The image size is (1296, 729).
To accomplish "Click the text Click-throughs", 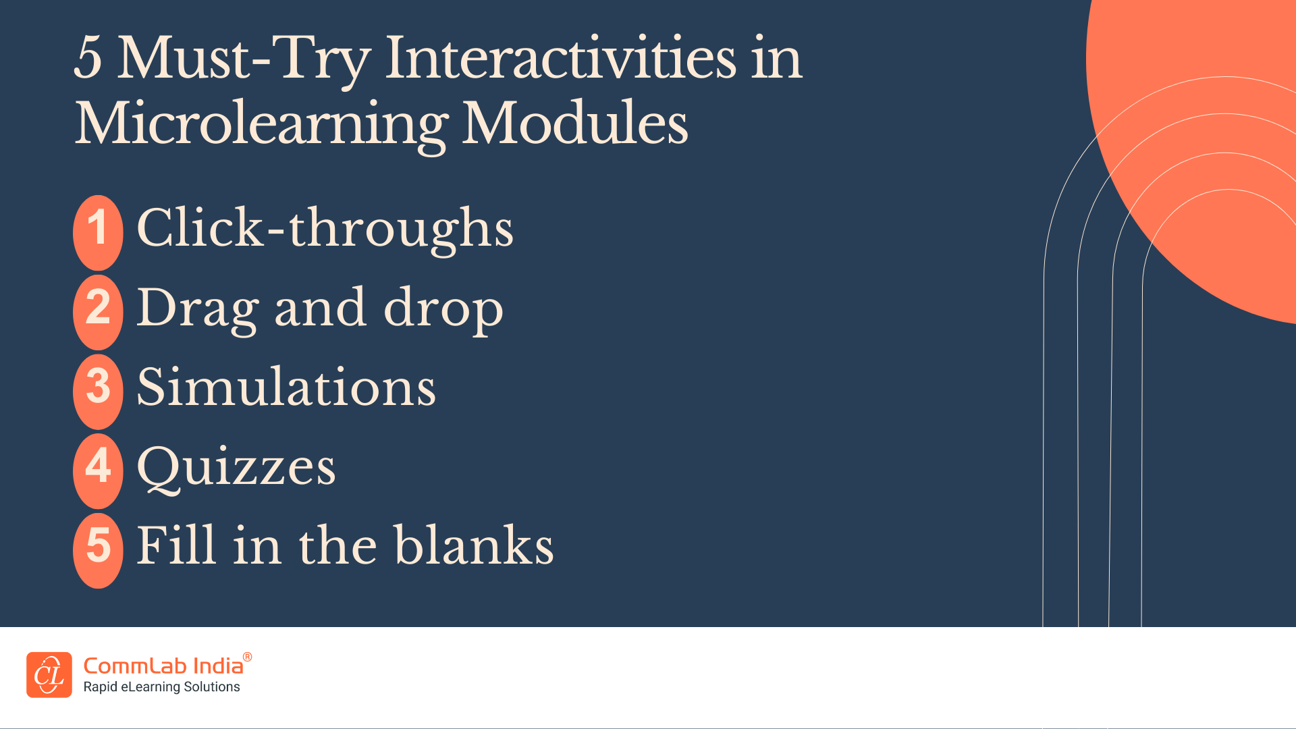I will tap(325, 228).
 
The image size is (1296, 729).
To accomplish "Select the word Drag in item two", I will tap(198, 308).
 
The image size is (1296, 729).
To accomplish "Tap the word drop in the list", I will tap(443, 308).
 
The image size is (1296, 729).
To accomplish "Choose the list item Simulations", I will tap(286, 387).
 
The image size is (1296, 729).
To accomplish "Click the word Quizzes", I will tap(236, 466).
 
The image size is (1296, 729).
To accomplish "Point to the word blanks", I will tap(474, 545).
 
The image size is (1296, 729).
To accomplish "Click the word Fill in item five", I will tap(177, 545).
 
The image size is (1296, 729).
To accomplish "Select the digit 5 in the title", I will tap(88, 58).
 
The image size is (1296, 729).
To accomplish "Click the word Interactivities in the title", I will tap(560, 58).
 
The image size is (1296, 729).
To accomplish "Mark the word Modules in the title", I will tap(574, 123).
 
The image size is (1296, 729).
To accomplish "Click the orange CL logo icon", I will tap(49, 674).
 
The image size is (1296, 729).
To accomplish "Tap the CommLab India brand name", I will tap(163, 666).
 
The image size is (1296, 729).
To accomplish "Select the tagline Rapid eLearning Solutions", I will tap(161, 687).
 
